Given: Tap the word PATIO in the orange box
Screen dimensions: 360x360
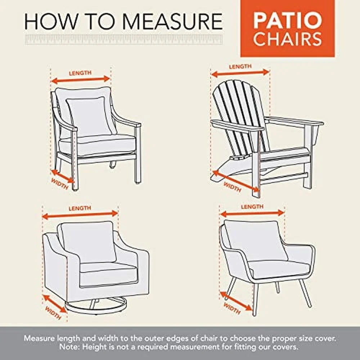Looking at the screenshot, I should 287,21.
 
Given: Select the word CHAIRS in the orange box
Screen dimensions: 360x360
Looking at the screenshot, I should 287,39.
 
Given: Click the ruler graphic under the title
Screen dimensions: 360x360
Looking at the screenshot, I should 123,39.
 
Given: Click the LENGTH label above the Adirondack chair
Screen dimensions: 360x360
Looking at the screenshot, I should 240,67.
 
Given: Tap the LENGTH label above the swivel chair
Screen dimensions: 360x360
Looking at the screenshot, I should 80,208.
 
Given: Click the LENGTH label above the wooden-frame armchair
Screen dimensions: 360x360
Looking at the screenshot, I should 80,73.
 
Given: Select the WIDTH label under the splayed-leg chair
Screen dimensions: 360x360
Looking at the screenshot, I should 232,308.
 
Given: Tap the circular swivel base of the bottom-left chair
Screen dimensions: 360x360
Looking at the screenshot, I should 95,306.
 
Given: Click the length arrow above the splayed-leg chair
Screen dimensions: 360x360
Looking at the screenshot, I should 252,213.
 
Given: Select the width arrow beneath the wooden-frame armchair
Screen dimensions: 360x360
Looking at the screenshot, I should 63,176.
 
